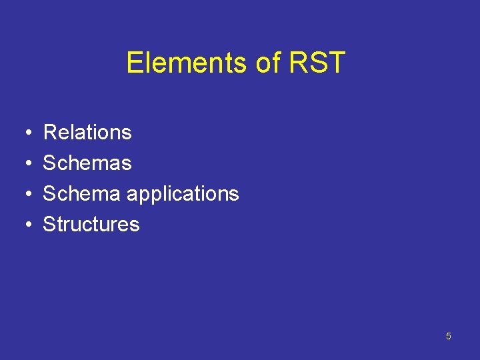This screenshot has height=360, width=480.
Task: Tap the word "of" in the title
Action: pyautogui.click(x=268, y=63)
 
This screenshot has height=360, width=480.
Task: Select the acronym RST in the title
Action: pyautogui.click(x=317, y=63)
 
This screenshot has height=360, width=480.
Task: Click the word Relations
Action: pyautogui.click(x=87, y=132)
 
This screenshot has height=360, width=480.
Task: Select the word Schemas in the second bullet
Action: pyautogui.click(x=87, y=163)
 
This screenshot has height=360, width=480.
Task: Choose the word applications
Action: pyautogui.click(x=182, y=194)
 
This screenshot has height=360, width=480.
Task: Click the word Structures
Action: pyautogui.click(x=91, y=224)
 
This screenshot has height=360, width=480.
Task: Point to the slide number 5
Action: pyautogui.click(x=448, y=336)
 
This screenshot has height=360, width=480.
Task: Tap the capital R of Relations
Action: pyautogui.click(x=49, y=132)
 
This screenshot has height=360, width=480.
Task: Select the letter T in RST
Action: pyautogui.click(x=336, y=63)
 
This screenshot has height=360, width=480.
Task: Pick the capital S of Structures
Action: pyautogui.click(x=49, y=224)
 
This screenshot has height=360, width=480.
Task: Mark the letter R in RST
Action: pyautogui.click(x=298, y=63)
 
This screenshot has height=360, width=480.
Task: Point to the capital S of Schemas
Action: pyautogui.click(x=49, y=163)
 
